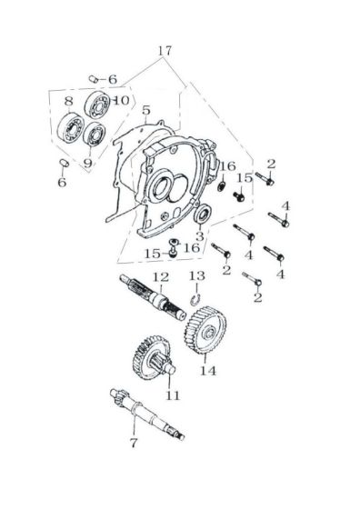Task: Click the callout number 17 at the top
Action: coord(165,51)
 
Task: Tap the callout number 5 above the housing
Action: coord(146,110)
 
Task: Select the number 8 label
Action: coord(68,101)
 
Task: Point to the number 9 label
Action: coord(87,163)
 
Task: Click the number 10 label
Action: coord(122,100)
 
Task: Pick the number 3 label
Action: coord(200,236)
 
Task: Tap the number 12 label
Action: coord(161,277)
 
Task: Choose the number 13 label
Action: coord(197,276)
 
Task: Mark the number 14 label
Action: coord(208,371)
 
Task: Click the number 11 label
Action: coord(173,395)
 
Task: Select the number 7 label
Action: coord(134,443)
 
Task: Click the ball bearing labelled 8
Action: coord(71,127)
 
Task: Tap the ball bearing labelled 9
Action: coord(94,135)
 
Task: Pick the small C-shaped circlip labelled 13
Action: coord(195,300)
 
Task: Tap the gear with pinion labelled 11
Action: coord(154,358)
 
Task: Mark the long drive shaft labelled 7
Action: coord(147,414)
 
